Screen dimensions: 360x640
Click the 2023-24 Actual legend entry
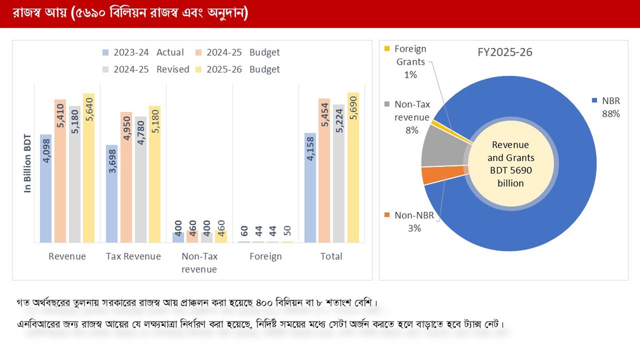pyautogui.click(x=142, y=52)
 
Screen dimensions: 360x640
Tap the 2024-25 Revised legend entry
pyautogui.click(x=145, y=69)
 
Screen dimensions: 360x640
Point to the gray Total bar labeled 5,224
pyautogui.click(x=339, y=173)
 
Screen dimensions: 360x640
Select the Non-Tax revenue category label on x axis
pyautogui.click(x=199, y=262)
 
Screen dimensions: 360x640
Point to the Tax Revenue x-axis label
pyautogui.click(x=133, y=256)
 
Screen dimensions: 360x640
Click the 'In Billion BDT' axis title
pyautogui.click(x=28, y=164)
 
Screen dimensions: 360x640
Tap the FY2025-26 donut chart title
pyautogui.click(x=505, y=52)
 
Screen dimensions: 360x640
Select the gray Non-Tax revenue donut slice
pyautogui.click(x=436, y=151)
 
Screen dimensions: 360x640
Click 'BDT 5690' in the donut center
pyautogui.click(x=511, y=170)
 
